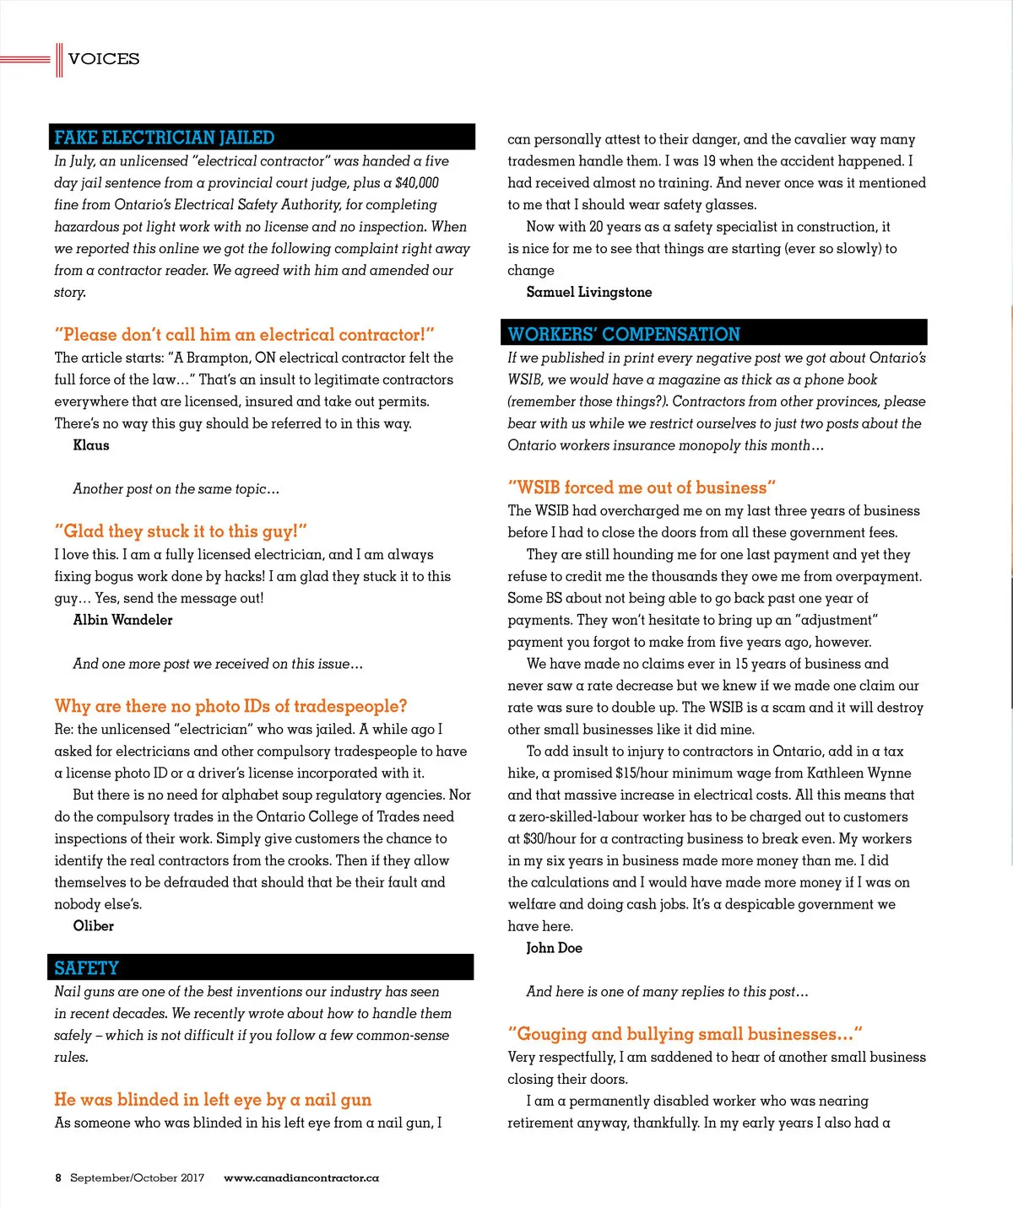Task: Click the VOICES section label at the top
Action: (x=104, y=59)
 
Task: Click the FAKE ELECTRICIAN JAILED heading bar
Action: (x=262, y=137)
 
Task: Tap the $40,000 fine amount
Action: (x=417, y=183)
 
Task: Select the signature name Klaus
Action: (x=91, y=445)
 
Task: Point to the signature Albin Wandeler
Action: (x=122, y=620)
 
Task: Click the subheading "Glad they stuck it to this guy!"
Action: (x=181, y=531)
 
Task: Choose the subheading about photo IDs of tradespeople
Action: (x=230, y=706)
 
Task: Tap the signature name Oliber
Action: (x=93, y=926)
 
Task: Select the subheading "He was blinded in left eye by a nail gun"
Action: (x=213, y=1099)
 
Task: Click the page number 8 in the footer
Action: (x=58, y=1177)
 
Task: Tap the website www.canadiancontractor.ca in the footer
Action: (x=301, y=1177)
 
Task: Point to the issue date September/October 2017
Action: (x=137, y=1177)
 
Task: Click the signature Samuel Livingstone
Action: (x=589, y=292)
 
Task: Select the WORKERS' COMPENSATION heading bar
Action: (x=715, y=333)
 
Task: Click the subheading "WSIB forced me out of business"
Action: (x=642, y=488)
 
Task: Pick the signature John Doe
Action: (x=554, y=948)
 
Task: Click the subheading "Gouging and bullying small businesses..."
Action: (x=685, y=1034)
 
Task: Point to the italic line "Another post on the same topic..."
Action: (x=176, y=489)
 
